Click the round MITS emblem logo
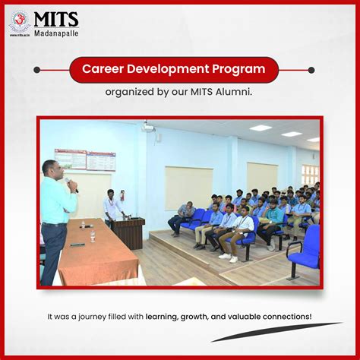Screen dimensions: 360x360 pyautogui.click(x=20, y=21)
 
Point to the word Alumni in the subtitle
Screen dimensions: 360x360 pyautogui.click(x=232, y=92)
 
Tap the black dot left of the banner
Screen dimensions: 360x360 pyautogui.click(x=36, y=69)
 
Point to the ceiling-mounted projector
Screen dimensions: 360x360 pyautogui.click(x=148, y=128)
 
